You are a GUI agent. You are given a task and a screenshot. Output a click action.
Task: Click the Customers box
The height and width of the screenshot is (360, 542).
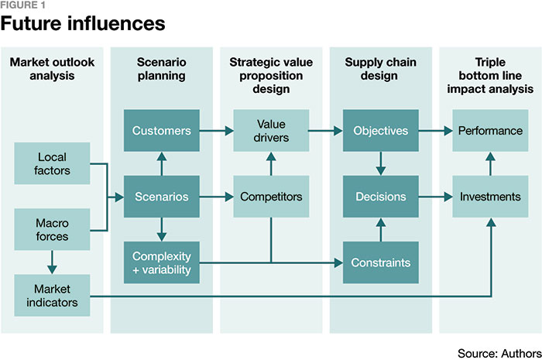(162, 131)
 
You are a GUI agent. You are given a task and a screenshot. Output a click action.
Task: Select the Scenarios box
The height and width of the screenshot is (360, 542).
(162, 197)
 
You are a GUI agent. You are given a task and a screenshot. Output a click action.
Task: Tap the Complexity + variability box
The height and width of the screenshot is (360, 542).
(162, 262)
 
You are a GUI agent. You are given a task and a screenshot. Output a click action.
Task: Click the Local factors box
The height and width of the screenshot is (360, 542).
(52, 163)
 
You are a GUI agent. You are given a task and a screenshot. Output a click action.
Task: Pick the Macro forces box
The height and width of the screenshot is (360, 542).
(52, 230)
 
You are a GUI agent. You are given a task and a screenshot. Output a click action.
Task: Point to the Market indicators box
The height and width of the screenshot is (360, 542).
(52, 295)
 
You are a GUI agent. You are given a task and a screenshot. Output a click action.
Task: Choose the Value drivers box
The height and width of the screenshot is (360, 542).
(271, 131)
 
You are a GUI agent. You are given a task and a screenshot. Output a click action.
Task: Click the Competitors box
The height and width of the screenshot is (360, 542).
(271, 197)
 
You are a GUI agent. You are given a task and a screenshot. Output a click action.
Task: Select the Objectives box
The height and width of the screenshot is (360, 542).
(381, 131)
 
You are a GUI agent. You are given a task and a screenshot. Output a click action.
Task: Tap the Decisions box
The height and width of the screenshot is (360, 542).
(381, 197)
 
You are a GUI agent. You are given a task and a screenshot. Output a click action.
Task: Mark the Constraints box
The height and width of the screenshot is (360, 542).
(381, 262)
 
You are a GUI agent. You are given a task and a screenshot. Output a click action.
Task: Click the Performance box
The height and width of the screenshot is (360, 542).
(490, 131)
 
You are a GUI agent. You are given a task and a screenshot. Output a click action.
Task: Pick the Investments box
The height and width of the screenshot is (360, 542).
(490, 197)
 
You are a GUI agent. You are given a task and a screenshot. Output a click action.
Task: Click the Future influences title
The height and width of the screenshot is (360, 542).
(83, 24)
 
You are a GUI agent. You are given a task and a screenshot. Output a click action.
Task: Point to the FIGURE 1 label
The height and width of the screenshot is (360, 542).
(23, 6)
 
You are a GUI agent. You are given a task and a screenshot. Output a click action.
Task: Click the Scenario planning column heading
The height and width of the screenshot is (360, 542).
(162, 68)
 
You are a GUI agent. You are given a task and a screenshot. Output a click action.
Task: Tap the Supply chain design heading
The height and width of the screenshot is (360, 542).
(381, 68)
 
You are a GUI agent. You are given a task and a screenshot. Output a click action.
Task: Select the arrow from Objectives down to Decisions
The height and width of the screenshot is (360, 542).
(381, 163)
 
